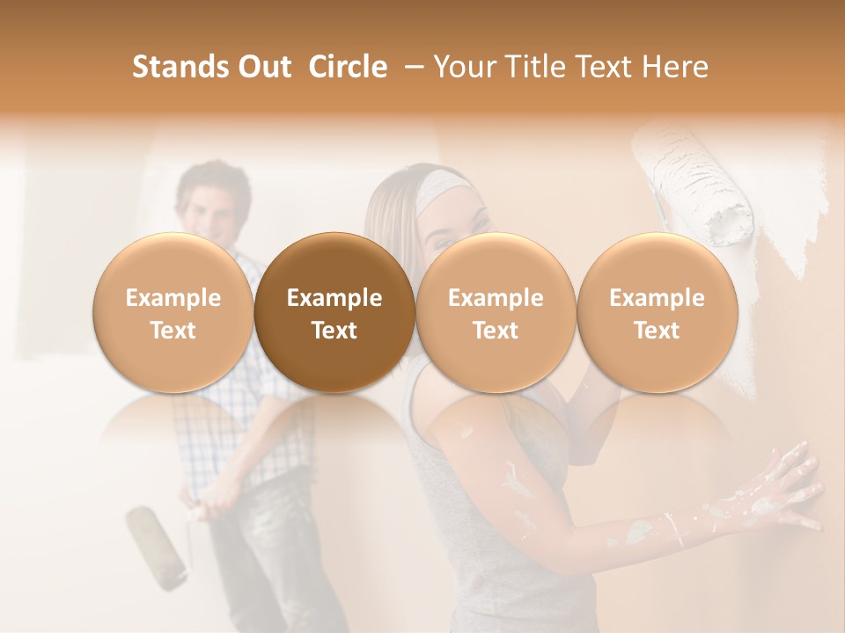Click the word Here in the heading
pos(675,67)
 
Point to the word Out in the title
pos(262,67)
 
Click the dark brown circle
pos(334,312)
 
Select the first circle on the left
pos(173,312)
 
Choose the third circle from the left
pos(496,312)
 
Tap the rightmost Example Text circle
pos(657,312)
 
